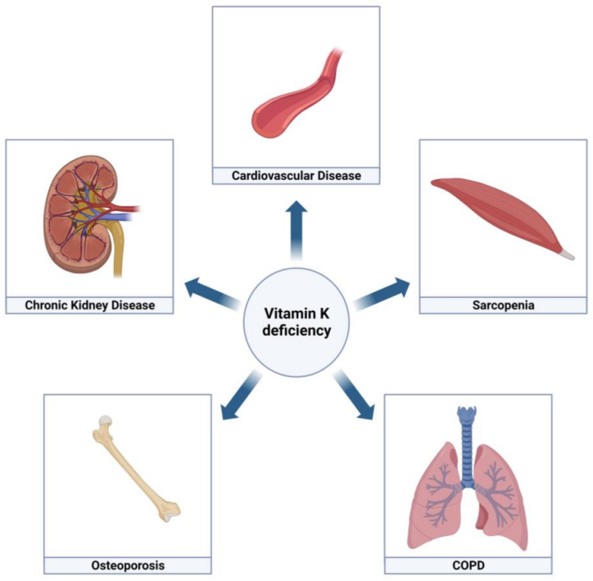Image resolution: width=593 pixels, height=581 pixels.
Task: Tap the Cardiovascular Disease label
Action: (x=296, y=175)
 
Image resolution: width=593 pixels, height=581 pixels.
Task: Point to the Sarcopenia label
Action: (x=503, y=305)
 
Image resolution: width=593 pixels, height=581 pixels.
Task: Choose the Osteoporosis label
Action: (x=127, y=565)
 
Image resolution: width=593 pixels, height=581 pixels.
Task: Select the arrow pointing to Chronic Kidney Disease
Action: (x=209, y=290)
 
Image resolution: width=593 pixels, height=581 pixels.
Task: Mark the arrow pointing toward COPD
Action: (x=358, y=399)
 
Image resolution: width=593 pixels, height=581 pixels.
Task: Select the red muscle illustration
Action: (x=500, y=214)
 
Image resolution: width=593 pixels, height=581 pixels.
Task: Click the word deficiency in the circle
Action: (x=296, y=331)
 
